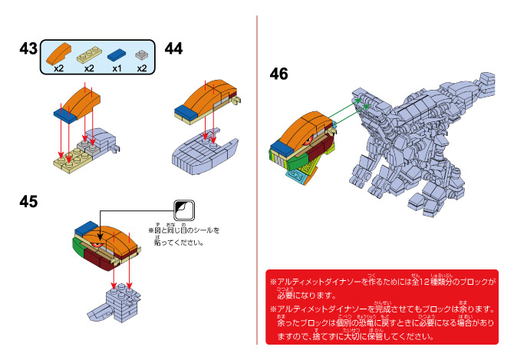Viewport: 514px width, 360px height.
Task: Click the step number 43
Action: coord(28,49)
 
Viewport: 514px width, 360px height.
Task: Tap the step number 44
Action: coord(173,49)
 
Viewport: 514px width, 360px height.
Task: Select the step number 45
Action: coord(28,201)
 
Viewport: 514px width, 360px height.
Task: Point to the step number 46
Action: coord(278,74)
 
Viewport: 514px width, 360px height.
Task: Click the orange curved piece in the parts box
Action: coord(59,54)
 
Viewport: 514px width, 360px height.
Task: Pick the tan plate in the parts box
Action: coord(89,54)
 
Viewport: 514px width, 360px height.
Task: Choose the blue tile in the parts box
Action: coord(117,54)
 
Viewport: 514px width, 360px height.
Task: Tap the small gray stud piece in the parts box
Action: coord(142,54)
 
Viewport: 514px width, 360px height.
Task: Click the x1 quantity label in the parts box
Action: coord(117,68)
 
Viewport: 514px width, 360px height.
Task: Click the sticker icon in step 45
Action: coord(184,210)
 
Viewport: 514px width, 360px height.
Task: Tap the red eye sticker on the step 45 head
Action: coord(97,245)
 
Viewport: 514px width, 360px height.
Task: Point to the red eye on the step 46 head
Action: coord(310,141)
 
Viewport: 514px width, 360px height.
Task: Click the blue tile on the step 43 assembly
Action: coord(65,115)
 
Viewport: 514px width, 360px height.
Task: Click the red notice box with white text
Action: coord(382,307)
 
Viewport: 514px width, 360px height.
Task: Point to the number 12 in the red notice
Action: coord(423,282)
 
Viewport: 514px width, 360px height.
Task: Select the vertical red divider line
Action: coord(257,180)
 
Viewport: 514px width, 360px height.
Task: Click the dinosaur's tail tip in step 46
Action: coord(487,80)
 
